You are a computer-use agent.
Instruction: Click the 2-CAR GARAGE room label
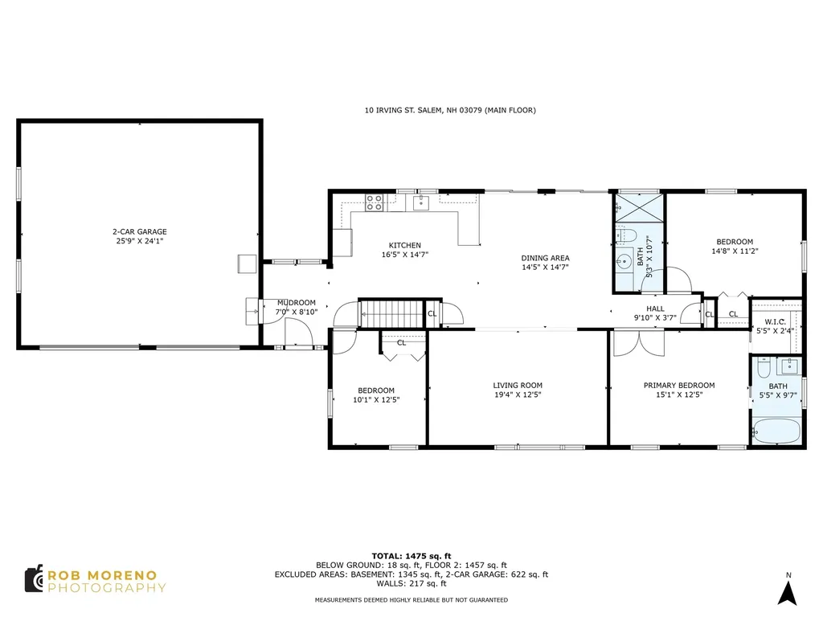[140, 231]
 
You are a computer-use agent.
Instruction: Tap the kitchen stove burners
[375, 202]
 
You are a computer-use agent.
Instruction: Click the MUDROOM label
[297, 303]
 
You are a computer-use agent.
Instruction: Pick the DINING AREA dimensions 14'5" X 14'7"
[545, 268]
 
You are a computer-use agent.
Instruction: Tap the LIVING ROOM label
[518, 386]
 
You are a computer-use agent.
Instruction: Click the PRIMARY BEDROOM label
[679, 386]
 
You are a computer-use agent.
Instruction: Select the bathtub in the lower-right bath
[776, 431]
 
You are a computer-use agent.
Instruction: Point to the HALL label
[655, 308]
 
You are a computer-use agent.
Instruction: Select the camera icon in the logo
[34, 578]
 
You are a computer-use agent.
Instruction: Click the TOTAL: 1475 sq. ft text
[411, 556]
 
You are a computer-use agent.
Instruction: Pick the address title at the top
[450, 110]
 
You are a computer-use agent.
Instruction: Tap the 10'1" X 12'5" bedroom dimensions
[376, 400]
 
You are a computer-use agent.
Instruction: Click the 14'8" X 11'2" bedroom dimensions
[735, 251]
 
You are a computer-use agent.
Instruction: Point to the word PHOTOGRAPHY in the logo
[107, 588]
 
